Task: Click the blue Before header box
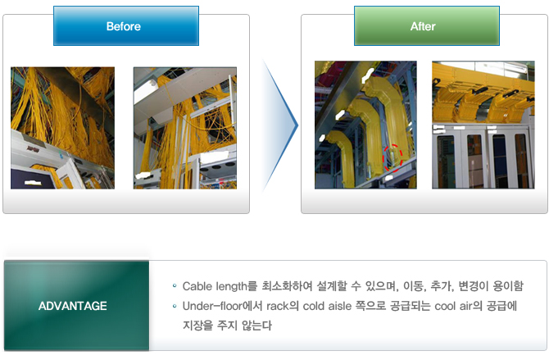click(126, 26)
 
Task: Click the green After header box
click(426, 26)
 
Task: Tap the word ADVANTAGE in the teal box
click(73, 306)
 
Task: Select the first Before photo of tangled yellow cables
click(62, 128)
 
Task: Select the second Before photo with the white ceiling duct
click(185, 128)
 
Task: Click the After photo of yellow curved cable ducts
click(365, 125)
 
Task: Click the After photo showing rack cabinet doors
click(483, 125)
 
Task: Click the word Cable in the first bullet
click(197, 286)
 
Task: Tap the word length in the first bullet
click(231, 287)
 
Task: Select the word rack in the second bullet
click(278, 306)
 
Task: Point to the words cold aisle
click(327, 306)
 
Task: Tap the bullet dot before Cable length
click(175, 286)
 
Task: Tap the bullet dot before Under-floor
click(175, 306)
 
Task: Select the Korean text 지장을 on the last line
click(197, 326)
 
